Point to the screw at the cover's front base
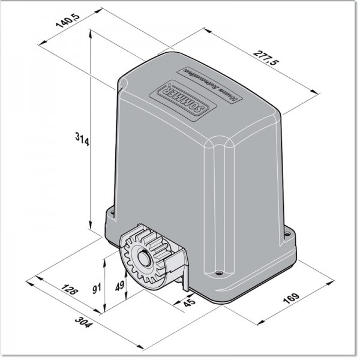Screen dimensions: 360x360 pos(218,274)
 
